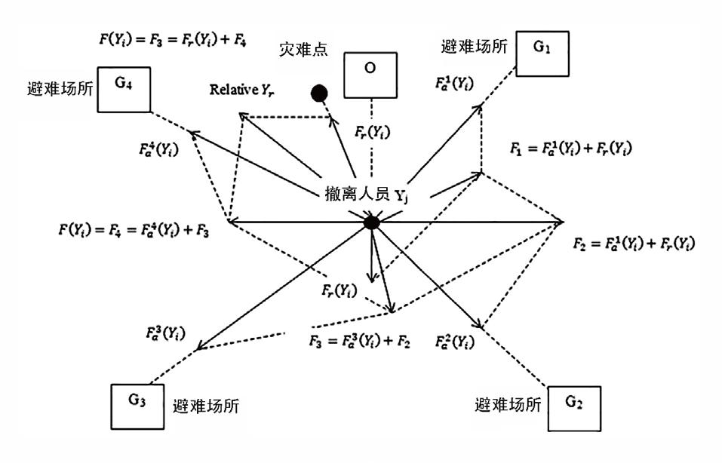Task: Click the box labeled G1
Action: tap(542, 54)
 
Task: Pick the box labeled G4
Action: tap(124, 89)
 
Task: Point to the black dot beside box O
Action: tap(320, 93)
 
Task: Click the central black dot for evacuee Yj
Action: tap(371, 222)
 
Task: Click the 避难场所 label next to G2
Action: tap(508, 406)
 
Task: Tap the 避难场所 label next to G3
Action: tap(206, 406)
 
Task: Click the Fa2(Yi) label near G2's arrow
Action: tap(455, 341)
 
